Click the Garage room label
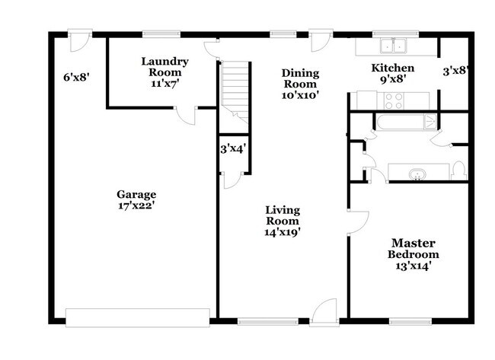pos(136,194)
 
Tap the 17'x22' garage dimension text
pos(136,205)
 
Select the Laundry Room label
pos(164,66)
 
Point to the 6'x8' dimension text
pos(77,78)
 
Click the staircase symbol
pos(235,91)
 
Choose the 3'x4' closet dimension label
pos(233,148)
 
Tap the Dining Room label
pos(300,78)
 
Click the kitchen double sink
pos(393,46)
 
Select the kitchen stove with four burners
pos(394,101)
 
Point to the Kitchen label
pos(393,68)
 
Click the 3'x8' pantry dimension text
pos(455,72)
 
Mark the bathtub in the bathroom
pos(406,122)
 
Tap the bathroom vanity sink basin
pos(417,174)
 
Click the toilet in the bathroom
pos(458,171)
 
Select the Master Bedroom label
pos(414,249)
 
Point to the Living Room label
pos(283,215)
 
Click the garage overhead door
pos(138,317)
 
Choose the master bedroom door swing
pos(358,223)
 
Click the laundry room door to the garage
pos(185,116)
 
